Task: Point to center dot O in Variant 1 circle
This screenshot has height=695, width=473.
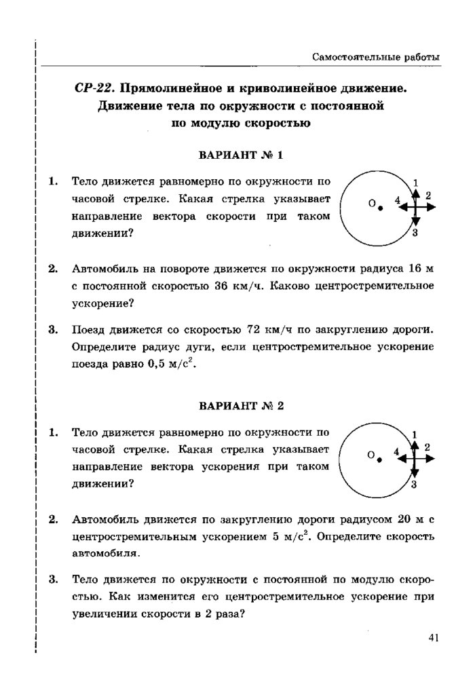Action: (381, 208)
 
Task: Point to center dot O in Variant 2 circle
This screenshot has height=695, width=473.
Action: (381, 459)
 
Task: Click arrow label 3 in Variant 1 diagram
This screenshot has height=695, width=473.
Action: (415, 233)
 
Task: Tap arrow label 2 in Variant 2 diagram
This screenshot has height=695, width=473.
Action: (427, 447)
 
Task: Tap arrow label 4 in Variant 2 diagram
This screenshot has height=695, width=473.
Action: (396, 451)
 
